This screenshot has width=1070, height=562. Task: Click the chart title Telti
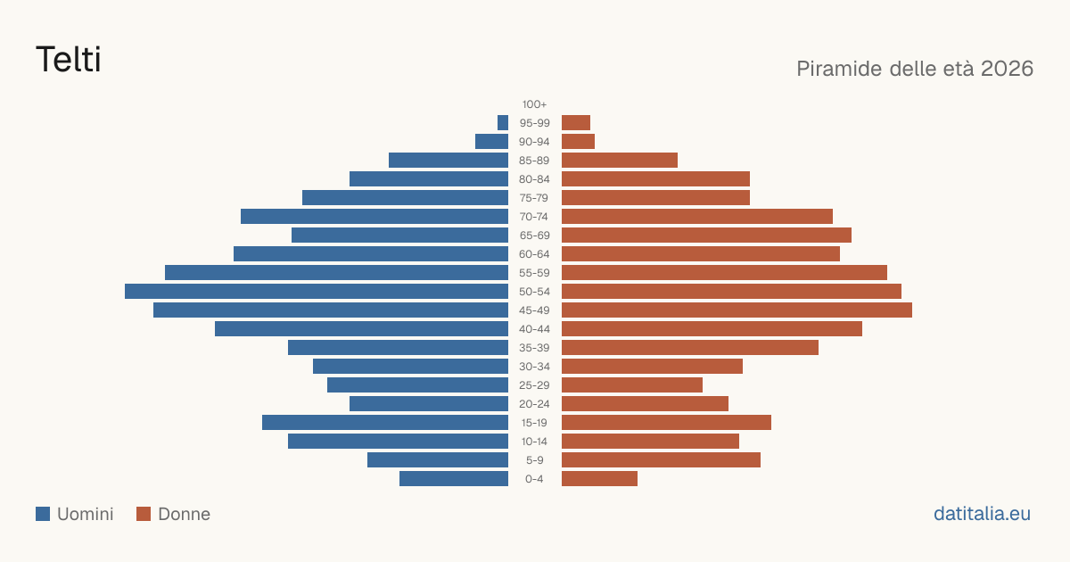click(x=69, y=59)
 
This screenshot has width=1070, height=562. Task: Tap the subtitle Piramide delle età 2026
click(x=915, y=69)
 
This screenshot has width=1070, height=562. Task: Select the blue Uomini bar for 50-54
click(x=317, y=292)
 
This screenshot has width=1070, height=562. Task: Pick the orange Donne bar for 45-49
click(x=737, y=310)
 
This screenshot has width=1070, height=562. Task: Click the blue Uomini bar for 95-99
click(x=503, y=123)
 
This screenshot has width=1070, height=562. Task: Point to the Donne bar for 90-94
click(x=578, y=142)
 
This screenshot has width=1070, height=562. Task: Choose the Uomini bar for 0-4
click(x=454, y=479)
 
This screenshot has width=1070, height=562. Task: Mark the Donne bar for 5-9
click(x=661, y=460)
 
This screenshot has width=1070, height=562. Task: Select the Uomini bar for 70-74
click(x=374, y=217)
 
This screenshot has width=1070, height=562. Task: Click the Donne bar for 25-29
click(x=632, y=385)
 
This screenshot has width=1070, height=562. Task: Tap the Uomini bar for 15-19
click(x=385, y=423)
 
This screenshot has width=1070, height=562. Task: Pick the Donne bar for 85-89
click(x=620, y=160)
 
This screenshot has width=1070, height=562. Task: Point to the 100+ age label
click(x=534, y=104)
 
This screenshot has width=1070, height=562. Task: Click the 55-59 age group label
click(x=534, y=273)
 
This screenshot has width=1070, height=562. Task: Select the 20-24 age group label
click(x=534, y=404)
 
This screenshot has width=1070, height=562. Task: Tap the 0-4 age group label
click(x=534, y=479)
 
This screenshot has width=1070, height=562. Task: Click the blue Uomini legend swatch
click(x=43, y=514)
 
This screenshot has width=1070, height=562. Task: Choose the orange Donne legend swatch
click(x=144, y=514)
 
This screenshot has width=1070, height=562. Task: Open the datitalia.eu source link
click(x=982, y=514)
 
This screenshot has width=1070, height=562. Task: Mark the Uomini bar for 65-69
click(x=399, y=236)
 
